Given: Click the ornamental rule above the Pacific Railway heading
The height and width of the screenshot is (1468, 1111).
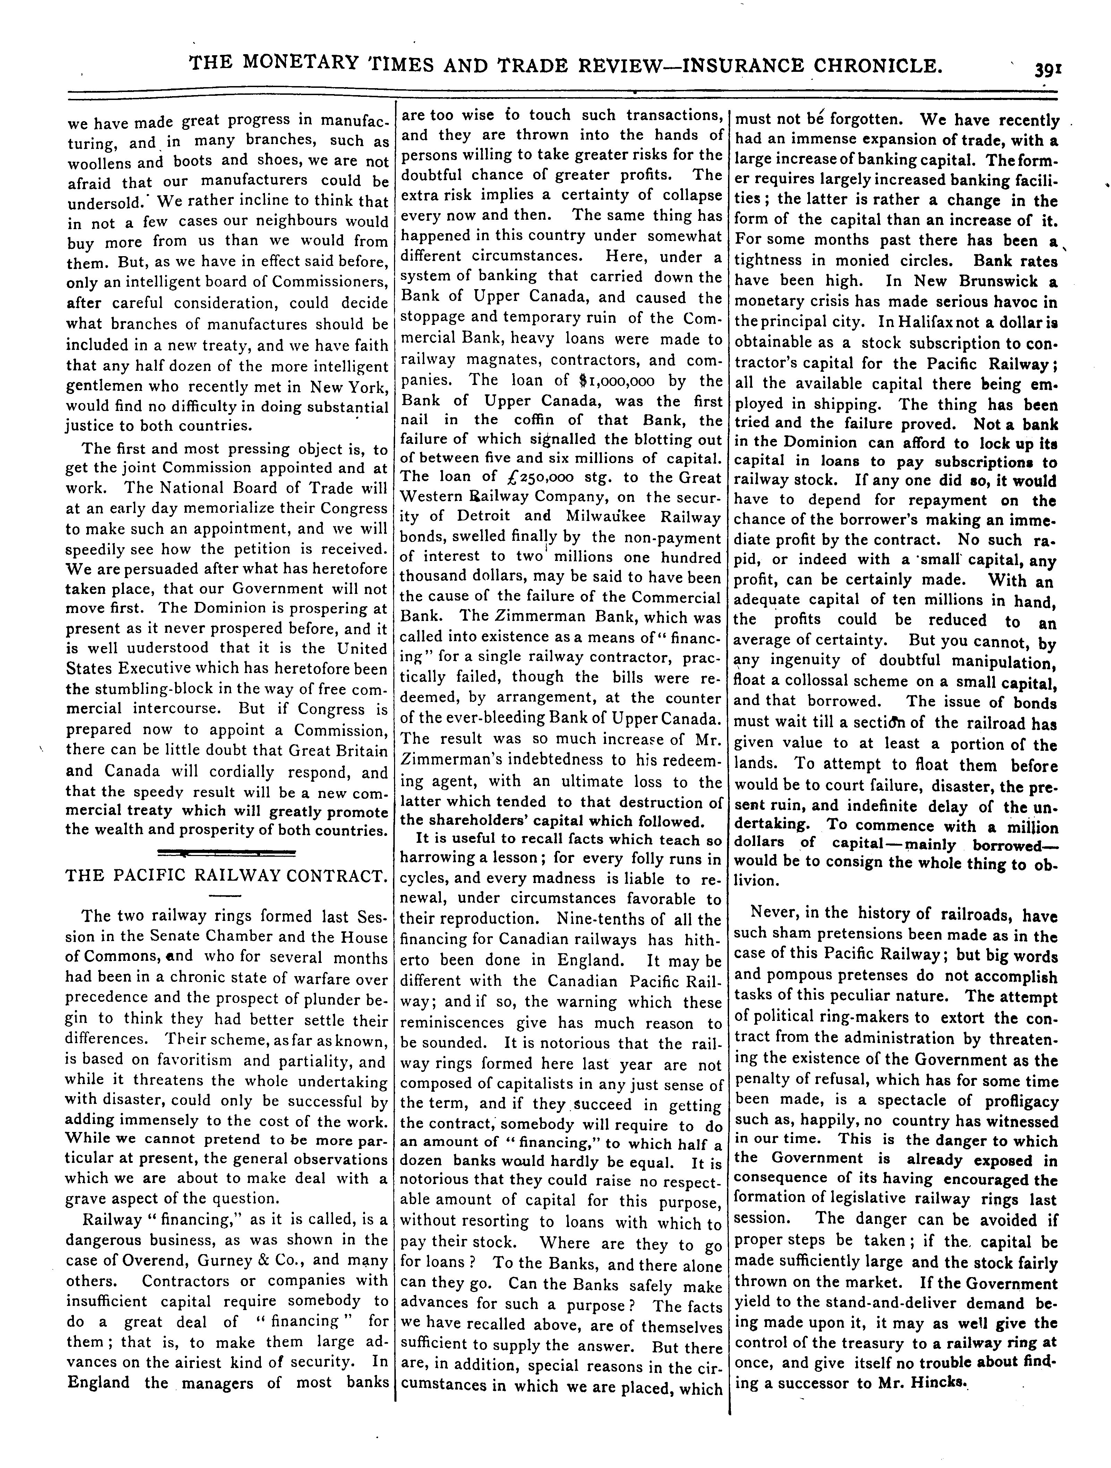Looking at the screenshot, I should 225,853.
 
